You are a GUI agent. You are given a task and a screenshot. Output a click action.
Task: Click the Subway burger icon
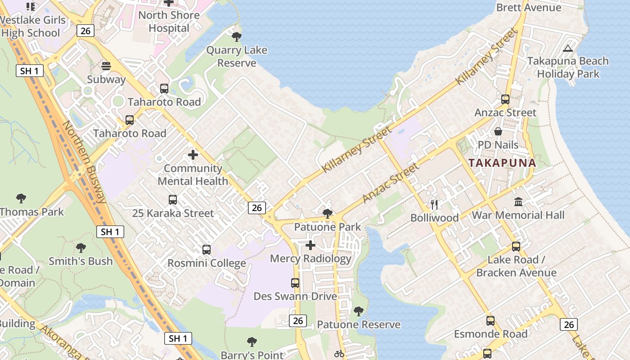(106, 66)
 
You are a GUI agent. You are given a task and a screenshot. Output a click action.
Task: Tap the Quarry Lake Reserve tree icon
(236, 37)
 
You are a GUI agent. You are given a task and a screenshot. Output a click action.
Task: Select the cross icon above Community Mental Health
(193, 155)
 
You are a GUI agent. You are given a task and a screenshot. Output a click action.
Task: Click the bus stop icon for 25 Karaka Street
(172, 199)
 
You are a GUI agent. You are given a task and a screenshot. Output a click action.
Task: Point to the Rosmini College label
(207, 263)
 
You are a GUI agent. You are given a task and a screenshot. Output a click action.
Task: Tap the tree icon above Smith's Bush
(81, 247)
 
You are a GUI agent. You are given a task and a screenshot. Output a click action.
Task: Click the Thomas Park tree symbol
(21, 198)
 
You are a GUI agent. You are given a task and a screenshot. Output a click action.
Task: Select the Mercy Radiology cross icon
(310, 245)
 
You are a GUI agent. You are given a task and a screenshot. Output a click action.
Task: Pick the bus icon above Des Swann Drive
(295, 283)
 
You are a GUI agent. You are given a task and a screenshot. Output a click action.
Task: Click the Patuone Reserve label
(359, 324)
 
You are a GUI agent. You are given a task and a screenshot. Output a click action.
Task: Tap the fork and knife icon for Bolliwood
(434, 205)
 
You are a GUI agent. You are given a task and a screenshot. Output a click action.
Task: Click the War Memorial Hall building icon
(518, 202)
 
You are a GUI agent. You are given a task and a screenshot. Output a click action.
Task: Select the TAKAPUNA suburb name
(502, 163)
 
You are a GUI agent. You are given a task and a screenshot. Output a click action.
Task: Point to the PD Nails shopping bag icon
(498, 131)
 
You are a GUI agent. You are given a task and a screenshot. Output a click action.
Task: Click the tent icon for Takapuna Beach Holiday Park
(567, 48)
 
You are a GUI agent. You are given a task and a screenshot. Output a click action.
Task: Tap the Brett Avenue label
(528, 8)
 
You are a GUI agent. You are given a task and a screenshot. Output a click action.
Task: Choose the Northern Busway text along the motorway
(84, 162)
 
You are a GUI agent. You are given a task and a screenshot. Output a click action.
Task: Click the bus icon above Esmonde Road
(490, 321)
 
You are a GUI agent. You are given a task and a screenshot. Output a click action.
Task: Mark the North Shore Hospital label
(169, 22)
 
